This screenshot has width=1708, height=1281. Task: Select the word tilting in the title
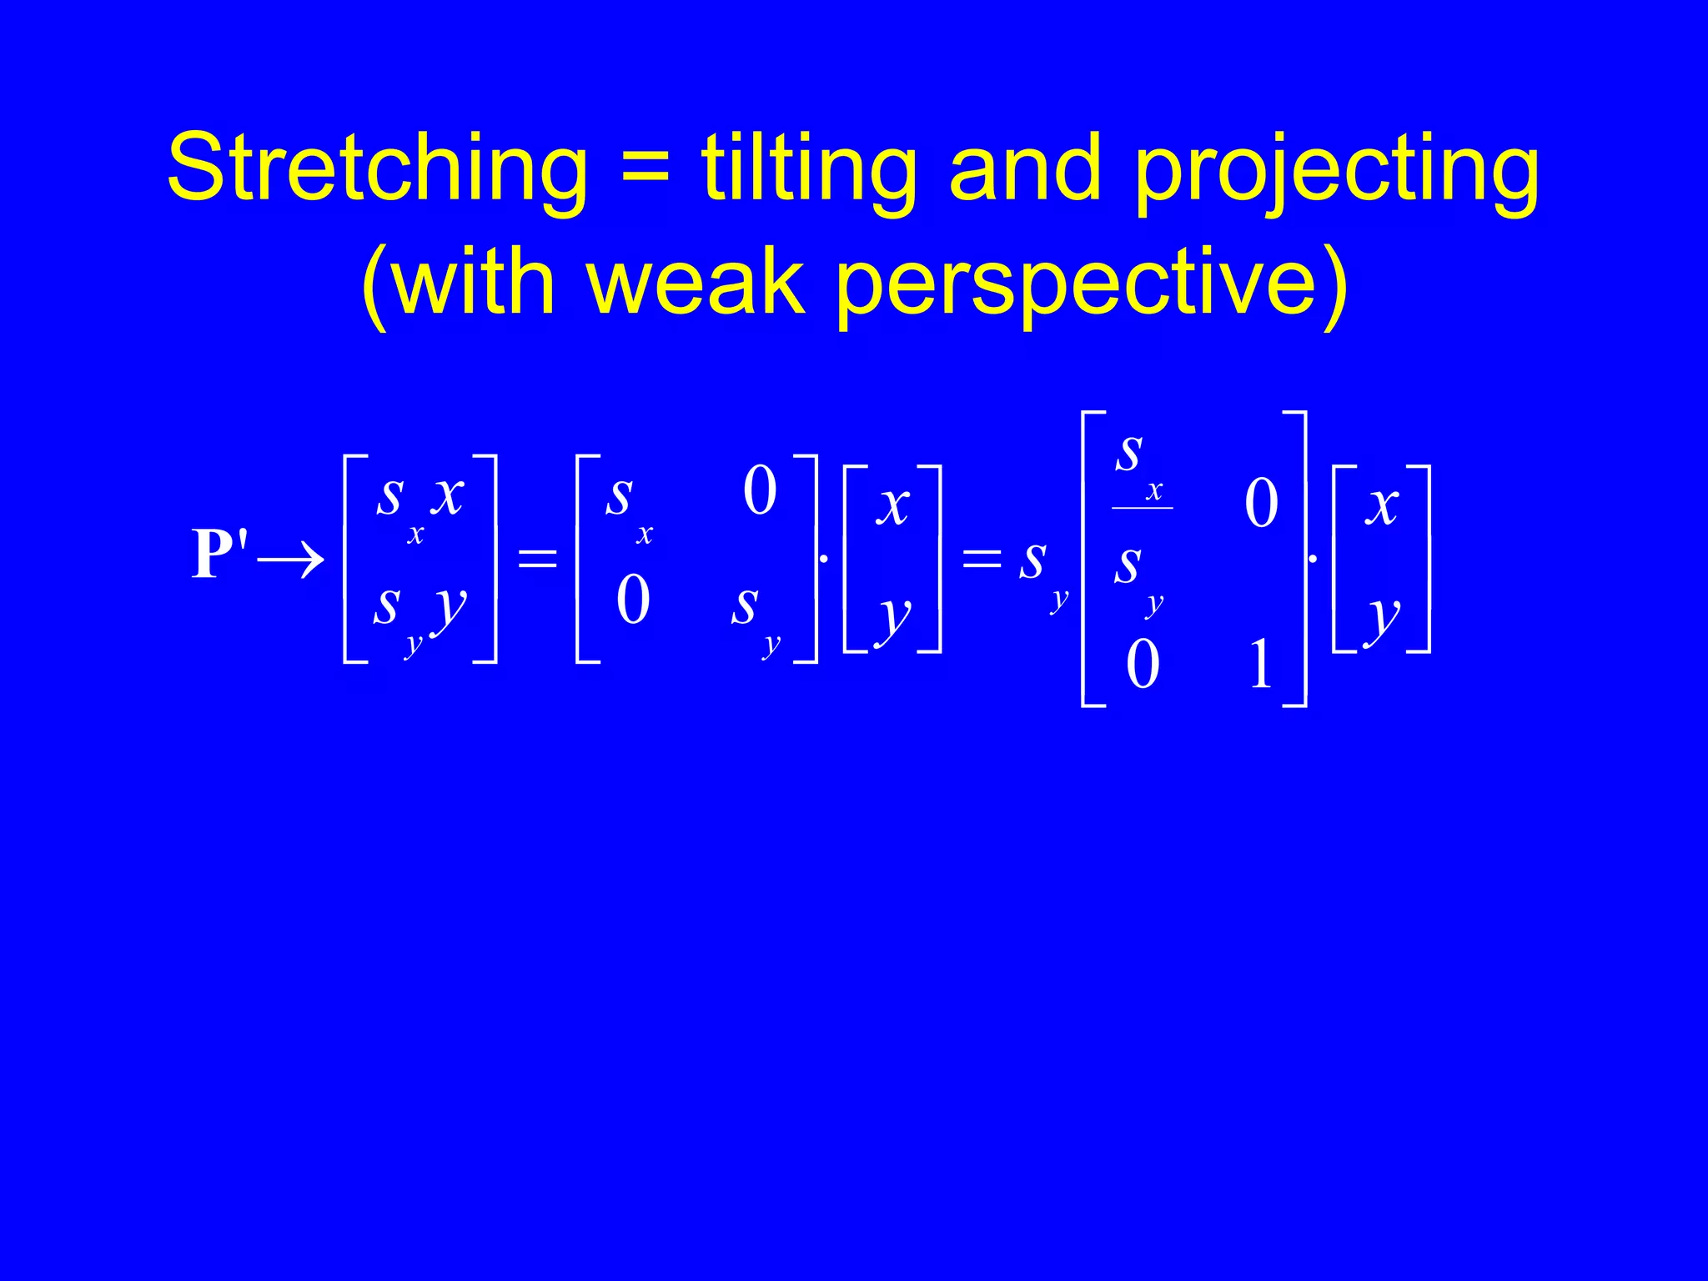[809, 169]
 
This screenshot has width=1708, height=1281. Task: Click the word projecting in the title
[1336, 171]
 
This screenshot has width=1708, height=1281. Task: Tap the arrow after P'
[291, 559]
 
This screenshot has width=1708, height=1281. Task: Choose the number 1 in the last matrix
[1260, 664]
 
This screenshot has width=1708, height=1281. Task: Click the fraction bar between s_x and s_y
[1142, 508]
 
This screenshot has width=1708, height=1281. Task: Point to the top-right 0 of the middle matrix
[760, 490]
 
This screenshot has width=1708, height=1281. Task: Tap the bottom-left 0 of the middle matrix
[633, 600]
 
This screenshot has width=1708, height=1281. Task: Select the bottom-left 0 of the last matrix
[1142, 664]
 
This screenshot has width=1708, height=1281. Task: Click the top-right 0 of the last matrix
[1261, 503]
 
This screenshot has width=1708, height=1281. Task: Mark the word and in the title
[1025, 169]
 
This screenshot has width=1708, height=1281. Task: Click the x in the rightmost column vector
[1382, 505]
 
